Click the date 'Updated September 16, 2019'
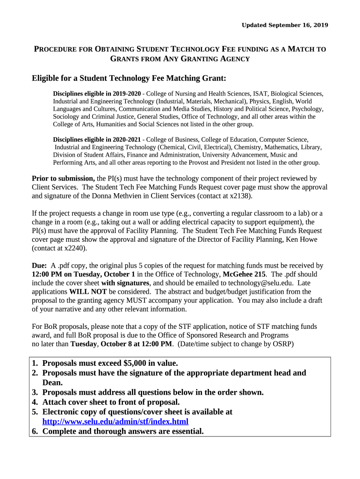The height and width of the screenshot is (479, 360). pos(285,25)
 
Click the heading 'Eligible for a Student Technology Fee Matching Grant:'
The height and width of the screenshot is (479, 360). pos(129,78)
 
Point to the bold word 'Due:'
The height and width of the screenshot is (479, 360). pos(39,266)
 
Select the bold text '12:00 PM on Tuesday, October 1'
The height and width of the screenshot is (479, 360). pos(83,275)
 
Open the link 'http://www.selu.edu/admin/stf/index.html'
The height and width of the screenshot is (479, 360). pos(115,421)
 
